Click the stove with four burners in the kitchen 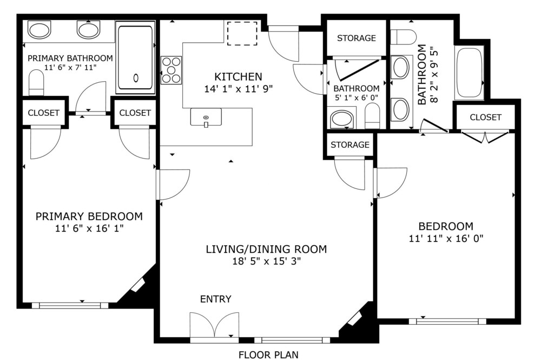tap(171, 70)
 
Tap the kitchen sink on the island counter tap(206, 117)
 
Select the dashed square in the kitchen tap(242, 34)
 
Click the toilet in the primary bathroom tap(36, 83)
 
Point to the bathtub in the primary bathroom tap(135, 57)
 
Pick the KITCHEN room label tap(239, 76)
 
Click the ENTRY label tap(216, 299)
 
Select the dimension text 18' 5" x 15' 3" tap(266, 261)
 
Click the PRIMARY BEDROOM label tap(89, 217)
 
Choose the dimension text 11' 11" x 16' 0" tap(446, 238)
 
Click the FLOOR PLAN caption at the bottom tap(268, 355)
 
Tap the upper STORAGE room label tap(357, 38)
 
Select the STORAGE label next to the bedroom tap(350, 145)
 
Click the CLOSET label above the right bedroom tap(485, 117)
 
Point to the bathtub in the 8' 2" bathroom tap(469, 74)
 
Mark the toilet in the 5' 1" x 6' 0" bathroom tap(372, 116)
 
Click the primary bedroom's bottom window tap(70, 305)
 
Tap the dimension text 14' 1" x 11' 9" tap(239, 89)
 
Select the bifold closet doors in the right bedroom tap(485, 136)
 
